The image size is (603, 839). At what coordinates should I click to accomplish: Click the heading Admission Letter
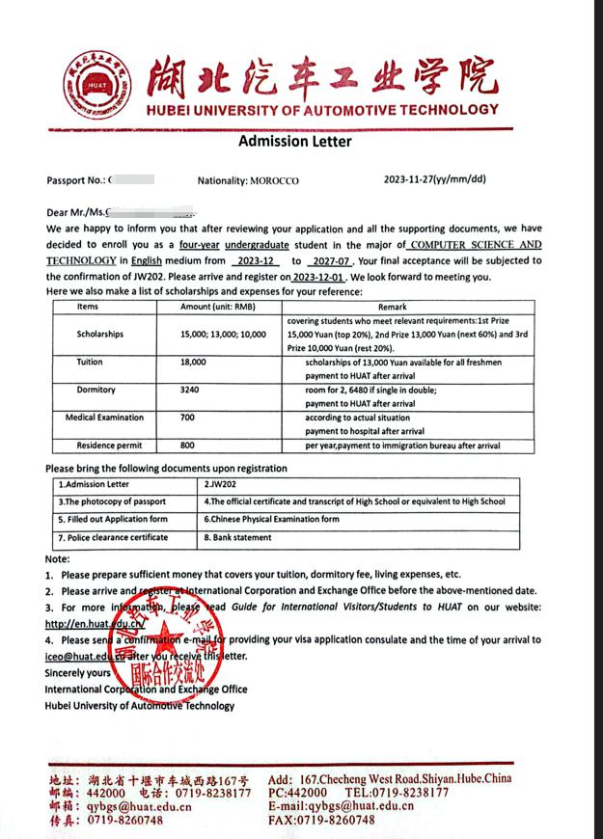(295, 142)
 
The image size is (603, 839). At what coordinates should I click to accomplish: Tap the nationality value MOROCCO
(275, 181)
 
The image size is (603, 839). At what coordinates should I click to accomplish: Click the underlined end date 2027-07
(328, 261)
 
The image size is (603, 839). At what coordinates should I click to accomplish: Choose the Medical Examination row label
(104, 418)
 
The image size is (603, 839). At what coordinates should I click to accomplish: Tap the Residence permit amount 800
(187, 446)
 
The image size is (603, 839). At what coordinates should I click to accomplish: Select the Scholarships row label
(100, 334)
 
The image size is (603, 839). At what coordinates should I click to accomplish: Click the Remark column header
(393, 307)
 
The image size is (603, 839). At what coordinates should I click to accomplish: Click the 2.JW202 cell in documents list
(221, 484)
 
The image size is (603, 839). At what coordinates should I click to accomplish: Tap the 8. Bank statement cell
(237, 537)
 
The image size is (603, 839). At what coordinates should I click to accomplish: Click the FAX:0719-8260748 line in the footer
(322, 820)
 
